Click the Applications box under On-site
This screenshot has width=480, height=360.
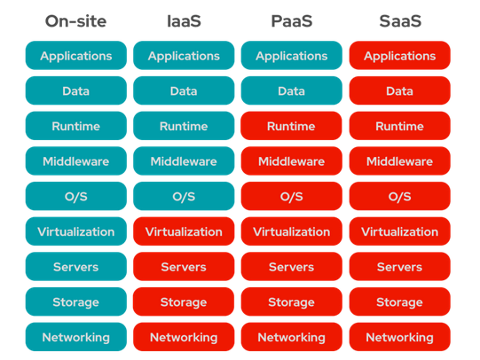(x=75, y=56)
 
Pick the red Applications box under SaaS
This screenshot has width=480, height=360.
(x=399, y=56)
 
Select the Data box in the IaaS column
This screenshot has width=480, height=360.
(x=184, y=91)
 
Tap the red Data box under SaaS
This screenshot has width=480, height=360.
(x=399, y=91)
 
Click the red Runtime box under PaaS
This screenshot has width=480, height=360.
(x=291, y=126)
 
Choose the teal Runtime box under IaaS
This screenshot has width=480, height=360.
(x=184, y=126)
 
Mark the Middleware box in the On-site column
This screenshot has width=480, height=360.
(x=75, y=161)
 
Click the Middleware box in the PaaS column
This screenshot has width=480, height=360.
(x=291, y=161)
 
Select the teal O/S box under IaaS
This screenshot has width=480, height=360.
(x=184, y=196)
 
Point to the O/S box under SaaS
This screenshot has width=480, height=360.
(x=399, y=196)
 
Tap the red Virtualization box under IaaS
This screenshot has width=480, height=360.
(x=184, y=231)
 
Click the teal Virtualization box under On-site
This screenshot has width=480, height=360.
(x=75, y=231)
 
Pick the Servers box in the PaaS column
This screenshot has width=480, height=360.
(x=291, y=267)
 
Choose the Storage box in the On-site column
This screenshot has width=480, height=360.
(x=75, y=301)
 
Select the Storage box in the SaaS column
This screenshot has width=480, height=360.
(x=399, y=301)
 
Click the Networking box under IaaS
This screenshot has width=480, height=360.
(x=184, y=337)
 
